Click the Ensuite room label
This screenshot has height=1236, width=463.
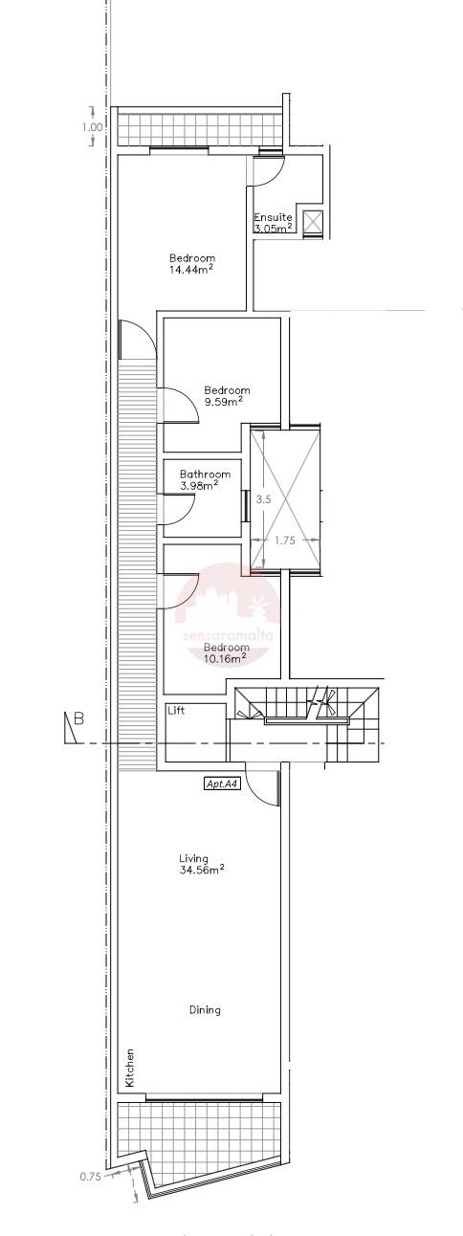pyautogui.click(x=273, y=217)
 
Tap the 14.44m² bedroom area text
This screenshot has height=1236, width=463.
pyautogui.click(x=190, y=270)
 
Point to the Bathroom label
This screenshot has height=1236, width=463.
pyautogui.click(x=206, y=474)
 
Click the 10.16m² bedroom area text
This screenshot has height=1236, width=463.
pyautogui.click(x=226, y=658)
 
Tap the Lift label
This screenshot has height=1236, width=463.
pyautogui.click(x=176, y=711)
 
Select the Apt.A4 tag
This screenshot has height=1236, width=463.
pyautogui.click(x=222, y=784)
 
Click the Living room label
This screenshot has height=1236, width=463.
pyautogui.click(x=193, y=858)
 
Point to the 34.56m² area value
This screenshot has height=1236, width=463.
pyautogui.click(x=201, y=870)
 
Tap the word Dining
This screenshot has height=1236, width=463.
pyautogui.click(x=205, y=1009)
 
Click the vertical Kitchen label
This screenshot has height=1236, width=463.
pyautogui.click(x=129, y=1068)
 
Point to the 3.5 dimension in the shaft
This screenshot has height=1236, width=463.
pyautogui.click(x=265, y=498)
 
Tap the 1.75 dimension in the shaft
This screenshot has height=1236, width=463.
pyautogui.click(x=285, y=540)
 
